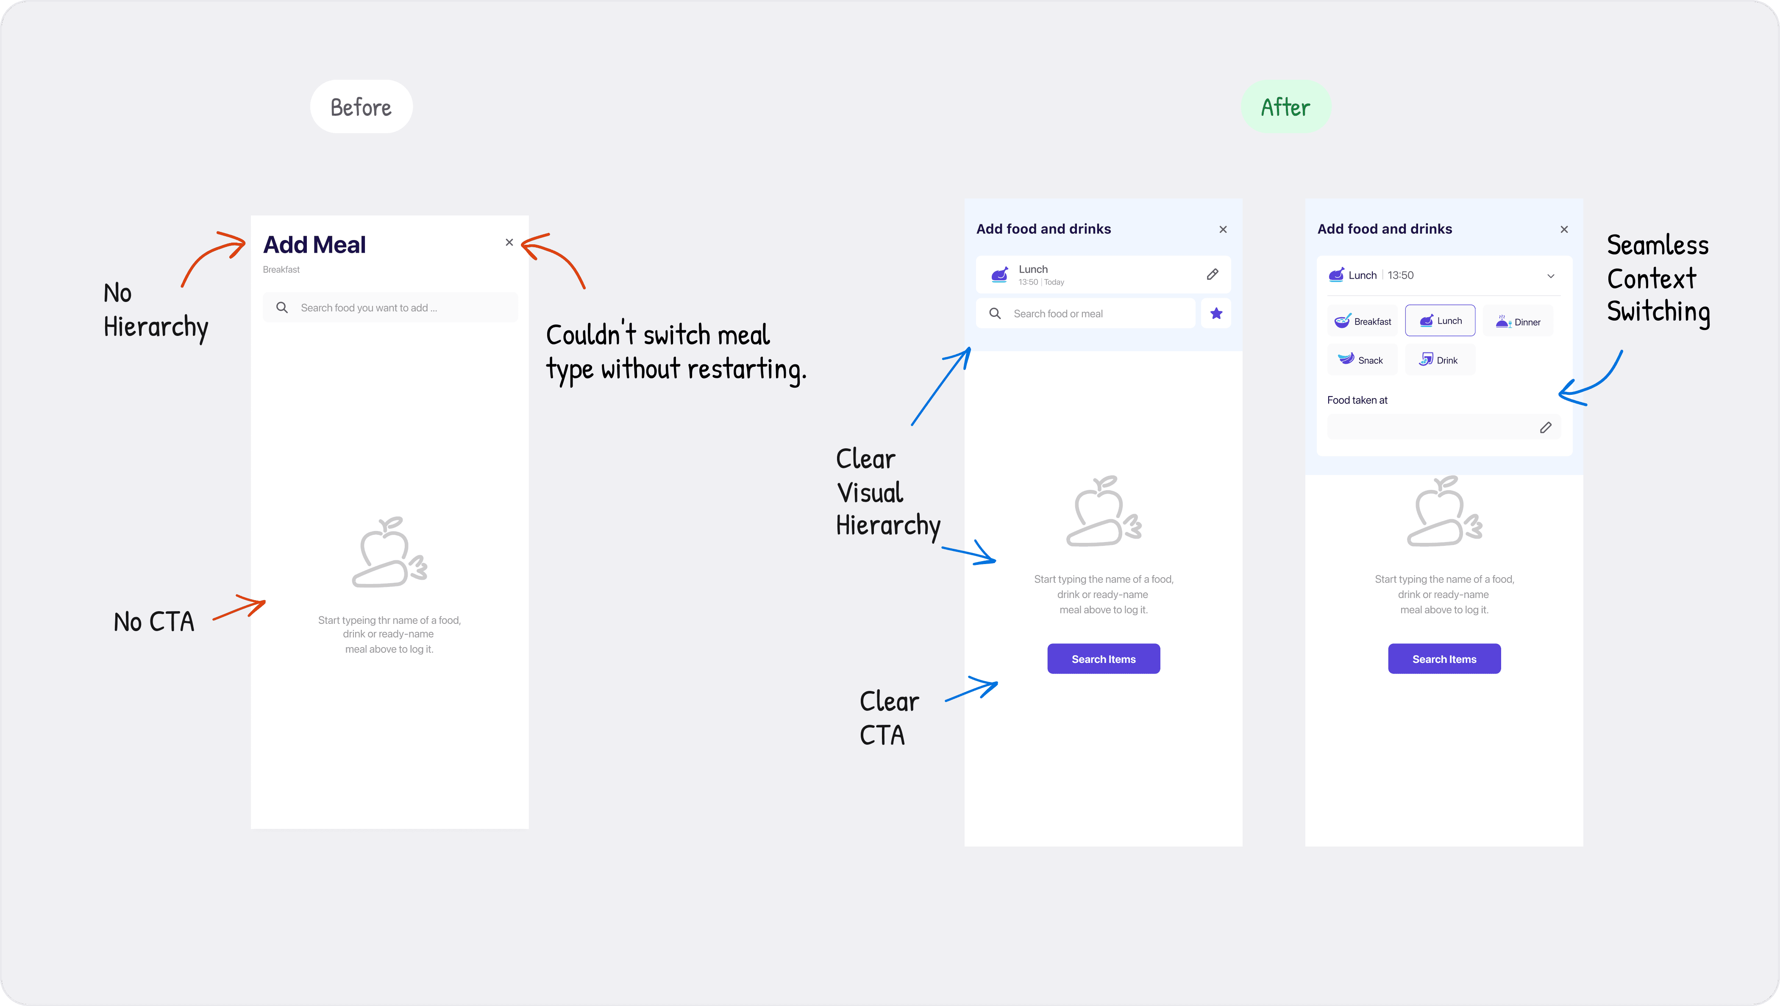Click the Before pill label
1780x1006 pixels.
pyautogui.click(x=361, y=107)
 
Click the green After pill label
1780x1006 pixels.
pyautogui.click(x=1285, y=107)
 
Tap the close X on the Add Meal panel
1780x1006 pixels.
pyautogui.click(x=509, y=243)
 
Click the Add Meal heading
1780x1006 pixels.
pyautogui.click(x=314, y=245)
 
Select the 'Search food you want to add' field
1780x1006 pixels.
pyautogui.click(x=390, y=307)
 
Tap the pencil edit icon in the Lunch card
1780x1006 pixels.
pyautogui.click(x=1212, y=274)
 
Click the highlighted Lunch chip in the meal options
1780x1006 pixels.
pyautogui.click(x=1440, y=321)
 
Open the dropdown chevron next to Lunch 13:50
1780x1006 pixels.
pyautogui.click(x=1551, y=276)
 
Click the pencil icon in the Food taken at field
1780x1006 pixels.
pyautogui.click(x=1546, y=427)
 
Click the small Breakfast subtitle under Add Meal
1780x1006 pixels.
pyautogui.click(x=281, y=270)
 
